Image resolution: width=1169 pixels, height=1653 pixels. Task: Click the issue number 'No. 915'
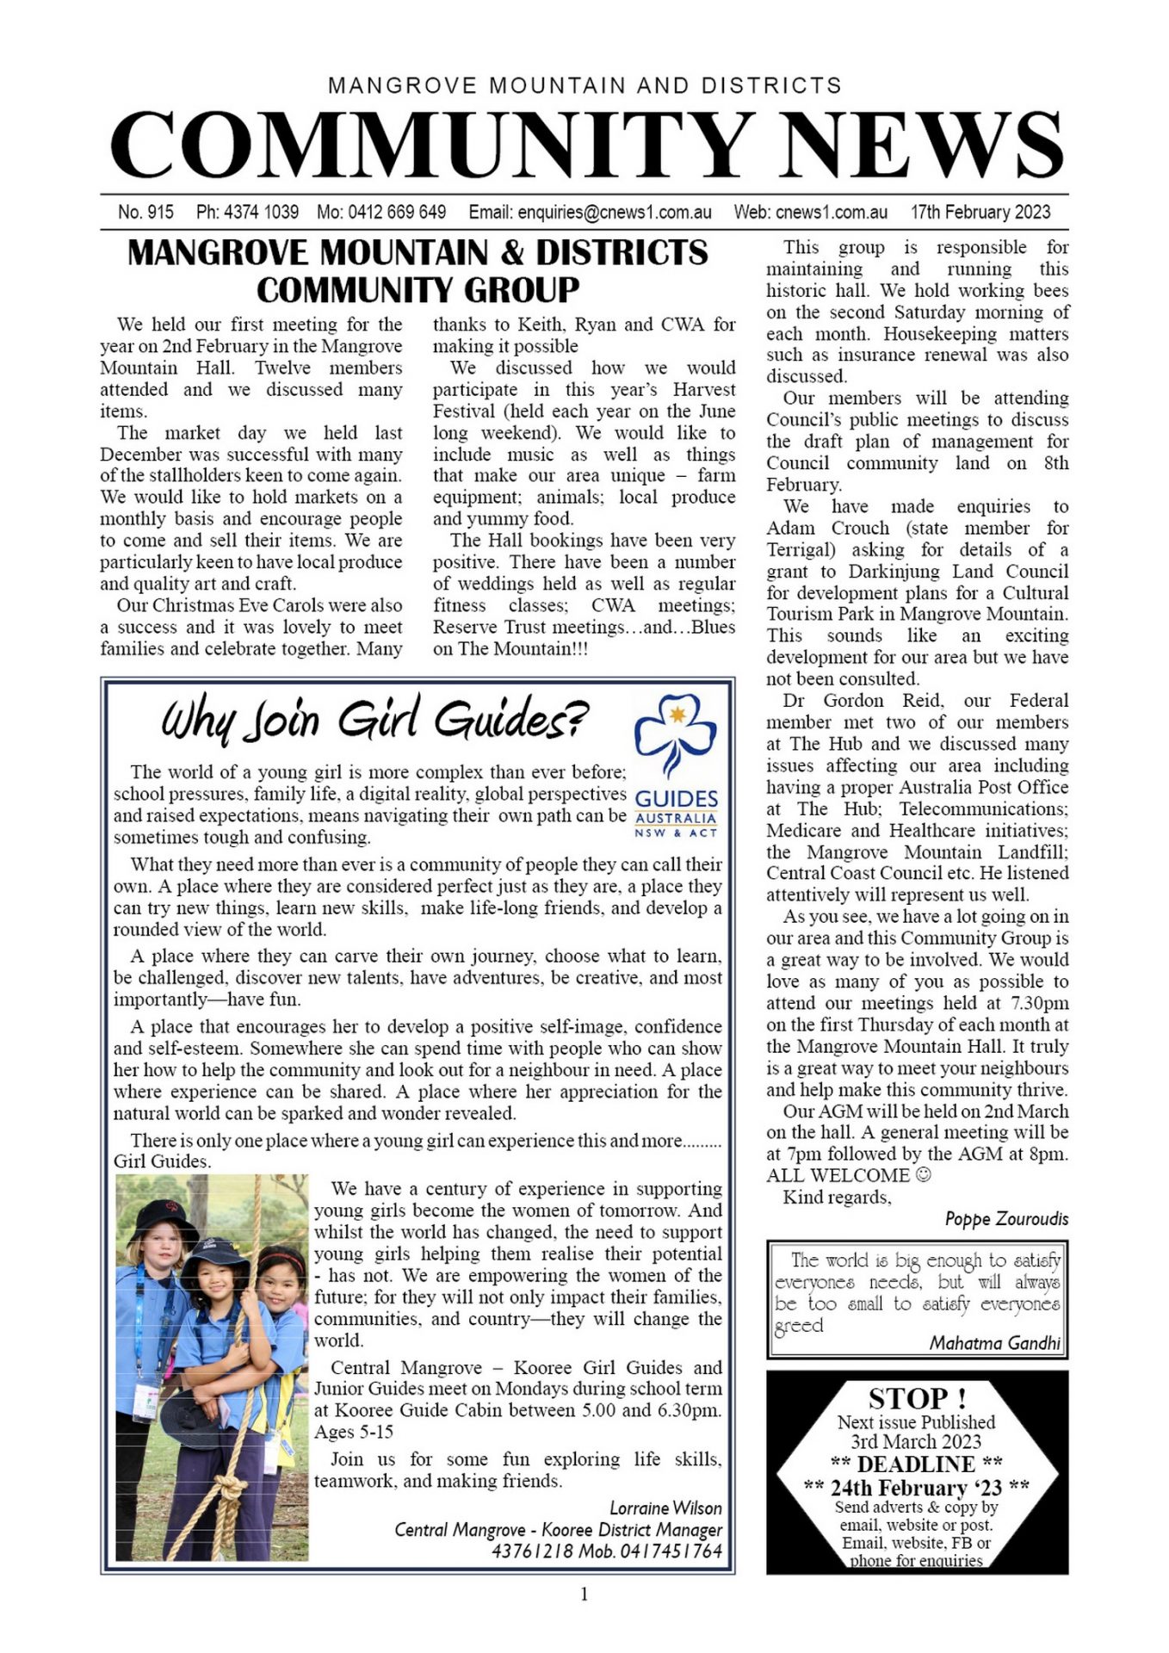145,212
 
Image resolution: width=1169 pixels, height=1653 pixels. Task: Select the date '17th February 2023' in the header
980,212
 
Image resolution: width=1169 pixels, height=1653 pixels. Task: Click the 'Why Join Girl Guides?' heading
375,720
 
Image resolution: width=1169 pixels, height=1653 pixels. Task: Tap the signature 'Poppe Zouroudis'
1006,1219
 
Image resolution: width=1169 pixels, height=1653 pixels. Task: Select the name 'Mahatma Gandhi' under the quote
994,1343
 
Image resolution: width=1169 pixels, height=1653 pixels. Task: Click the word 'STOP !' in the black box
916,1398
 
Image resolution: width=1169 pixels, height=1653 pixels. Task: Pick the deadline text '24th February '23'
916,1489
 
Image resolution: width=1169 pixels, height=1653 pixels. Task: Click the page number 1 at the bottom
584,1594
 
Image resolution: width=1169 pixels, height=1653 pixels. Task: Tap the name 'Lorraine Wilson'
665,1508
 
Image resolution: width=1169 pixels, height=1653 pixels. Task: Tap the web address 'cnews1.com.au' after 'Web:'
831,212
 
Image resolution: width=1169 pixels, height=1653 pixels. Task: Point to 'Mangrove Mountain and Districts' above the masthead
584,85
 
